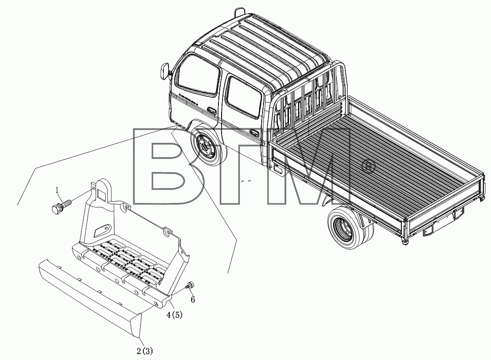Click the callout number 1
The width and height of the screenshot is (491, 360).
click(57, 190)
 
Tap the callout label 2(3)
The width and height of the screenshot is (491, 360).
click(145, 351)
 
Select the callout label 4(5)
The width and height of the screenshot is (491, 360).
click(174, 315)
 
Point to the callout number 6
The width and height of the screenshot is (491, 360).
click(193, 300)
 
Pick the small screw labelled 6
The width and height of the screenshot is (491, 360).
click(189, 285)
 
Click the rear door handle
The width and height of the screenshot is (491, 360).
click(255, 133)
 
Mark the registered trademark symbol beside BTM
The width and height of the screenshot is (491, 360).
click(368, 167)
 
